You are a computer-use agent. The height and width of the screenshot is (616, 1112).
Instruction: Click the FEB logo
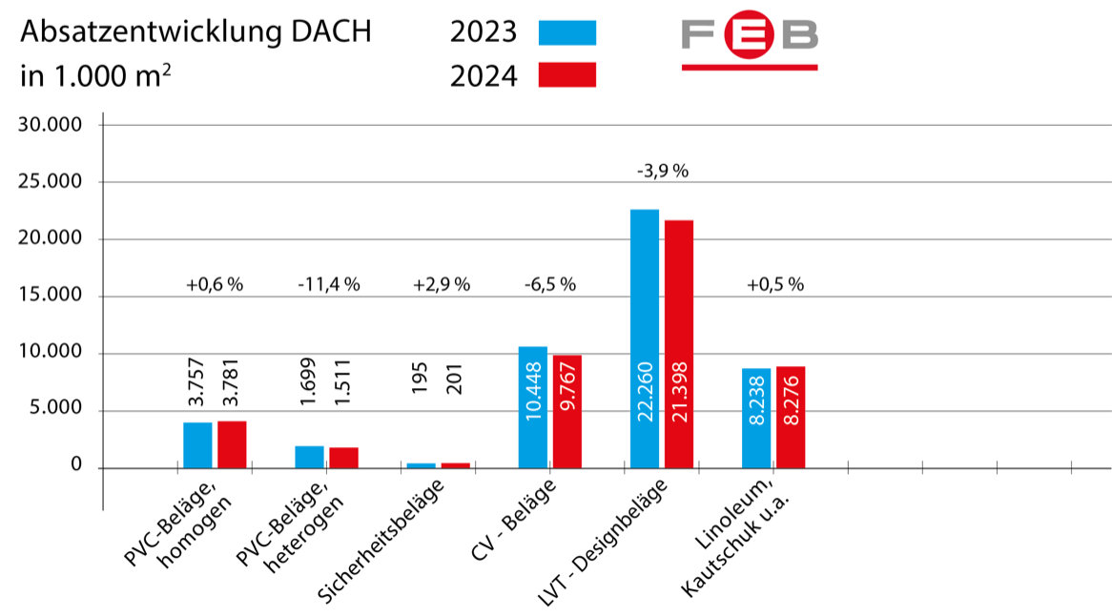point(750,43)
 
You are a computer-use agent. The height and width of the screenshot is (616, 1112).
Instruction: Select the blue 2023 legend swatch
point(566,33)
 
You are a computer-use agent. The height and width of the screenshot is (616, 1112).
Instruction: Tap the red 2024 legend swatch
point(566,75)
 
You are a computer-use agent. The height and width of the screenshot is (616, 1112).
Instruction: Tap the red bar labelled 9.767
point(566,411)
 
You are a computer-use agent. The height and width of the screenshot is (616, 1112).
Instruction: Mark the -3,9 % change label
point(663,172)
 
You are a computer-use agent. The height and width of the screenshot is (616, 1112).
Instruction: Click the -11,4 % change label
point(328,284)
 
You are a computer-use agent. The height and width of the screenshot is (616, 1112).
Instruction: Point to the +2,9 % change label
point(442,284)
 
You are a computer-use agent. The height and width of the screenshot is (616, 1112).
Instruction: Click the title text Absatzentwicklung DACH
point(196,32)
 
